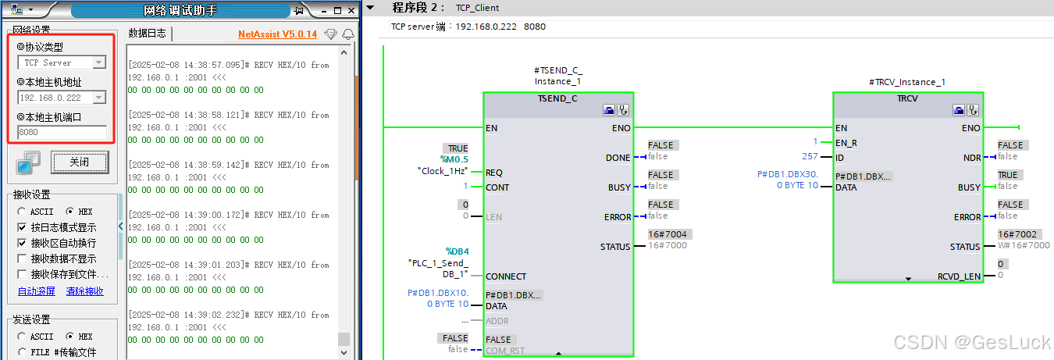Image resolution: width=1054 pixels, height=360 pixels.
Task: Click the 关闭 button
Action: (x=79, y=162)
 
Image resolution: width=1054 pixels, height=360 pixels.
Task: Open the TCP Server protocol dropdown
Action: (x=99, y=62)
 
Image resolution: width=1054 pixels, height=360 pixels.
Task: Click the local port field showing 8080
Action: (x=62, y=133)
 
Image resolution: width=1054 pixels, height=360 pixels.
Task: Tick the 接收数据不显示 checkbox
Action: (x=23, y=258)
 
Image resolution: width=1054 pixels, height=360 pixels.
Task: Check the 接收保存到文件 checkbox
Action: (x=23, y=274)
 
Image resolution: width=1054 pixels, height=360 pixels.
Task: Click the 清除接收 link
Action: (x=86, y=291)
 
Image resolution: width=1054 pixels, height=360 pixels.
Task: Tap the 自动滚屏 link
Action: (x=37, y=291)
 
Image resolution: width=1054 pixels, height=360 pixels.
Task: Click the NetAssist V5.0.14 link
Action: (x=277, y=34)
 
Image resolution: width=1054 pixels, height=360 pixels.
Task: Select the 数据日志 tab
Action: (x=148, y=34)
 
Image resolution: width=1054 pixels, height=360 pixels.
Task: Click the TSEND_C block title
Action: (x=557, y=100)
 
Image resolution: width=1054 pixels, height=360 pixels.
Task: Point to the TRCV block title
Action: (x=908, y=100)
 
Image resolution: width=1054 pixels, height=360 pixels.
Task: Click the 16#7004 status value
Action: (x=667, y=234)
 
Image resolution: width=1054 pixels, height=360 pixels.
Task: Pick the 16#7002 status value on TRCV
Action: (x=1017, y=234)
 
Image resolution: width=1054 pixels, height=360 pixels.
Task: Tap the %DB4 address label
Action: (x=457, y=251)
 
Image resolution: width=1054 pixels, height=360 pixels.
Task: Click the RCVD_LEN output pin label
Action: (x=959, y=276)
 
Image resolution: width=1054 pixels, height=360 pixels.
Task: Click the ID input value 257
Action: (x=809, y=157)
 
